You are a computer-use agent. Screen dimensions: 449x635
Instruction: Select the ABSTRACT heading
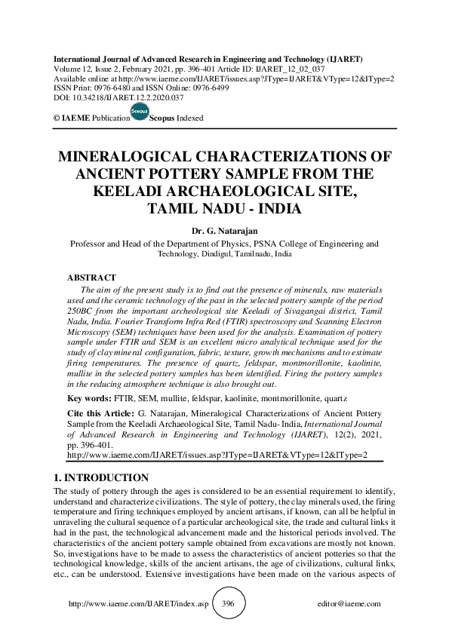[x=91, y=278]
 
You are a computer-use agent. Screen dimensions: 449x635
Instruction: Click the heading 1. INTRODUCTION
[x=103, y=478]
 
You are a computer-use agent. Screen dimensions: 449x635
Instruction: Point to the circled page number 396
[x=229, y=603]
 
